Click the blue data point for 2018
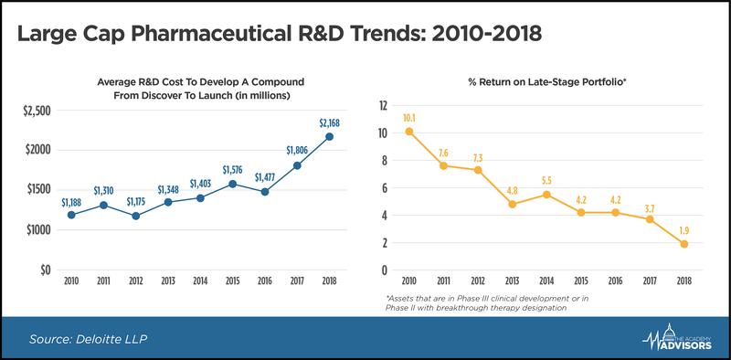[x=329, y=137]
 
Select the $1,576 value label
[x=233, y=170]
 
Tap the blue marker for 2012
[x=135, y=216]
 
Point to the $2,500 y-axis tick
[x=37, y=111]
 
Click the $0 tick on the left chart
[x=44, y=270]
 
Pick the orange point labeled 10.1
[x=408, y=132]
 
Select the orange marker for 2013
[x=513, y=205]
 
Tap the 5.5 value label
[x=546, y=181]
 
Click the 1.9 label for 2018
[x=683, y=230]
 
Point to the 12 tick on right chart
[x=383, y=105]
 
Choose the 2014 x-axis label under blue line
[x=200, y=281]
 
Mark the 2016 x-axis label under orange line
[x=615, y=281]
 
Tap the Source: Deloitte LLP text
[x=88, y=339]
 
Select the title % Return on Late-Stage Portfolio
[x=547, y=82]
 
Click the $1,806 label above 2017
[x=297, y=151]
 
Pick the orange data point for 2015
[x=581, y=213]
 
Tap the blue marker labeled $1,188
[x=71, y=215]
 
